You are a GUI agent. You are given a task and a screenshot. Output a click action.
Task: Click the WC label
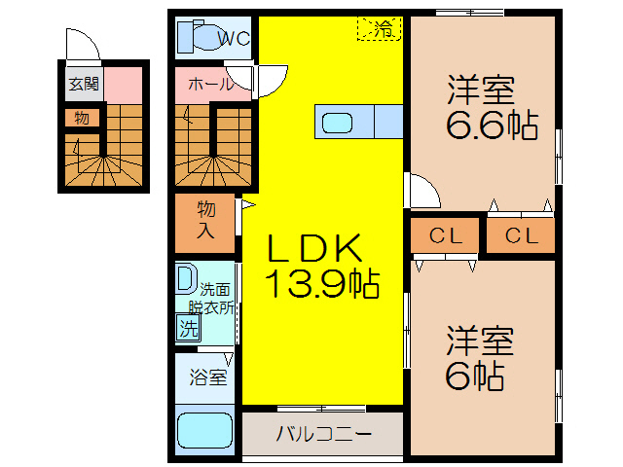tap(234, 39)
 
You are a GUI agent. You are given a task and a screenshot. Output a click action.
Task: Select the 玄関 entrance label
tap(84, 85)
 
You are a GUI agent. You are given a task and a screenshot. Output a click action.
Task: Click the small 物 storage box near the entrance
tap(82, 119)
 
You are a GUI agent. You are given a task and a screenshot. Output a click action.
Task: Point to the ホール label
tap(211, 85)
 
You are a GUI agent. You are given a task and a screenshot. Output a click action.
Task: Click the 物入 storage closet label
tap(206, 220)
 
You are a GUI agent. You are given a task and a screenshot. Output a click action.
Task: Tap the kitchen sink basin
tap(340, 124)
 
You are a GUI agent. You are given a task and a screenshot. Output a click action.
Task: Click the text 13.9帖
tap(322, 284)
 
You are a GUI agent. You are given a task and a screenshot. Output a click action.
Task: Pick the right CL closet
tap(521, 235)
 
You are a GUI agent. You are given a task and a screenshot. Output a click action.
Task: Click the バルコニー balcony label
tap(323, 434)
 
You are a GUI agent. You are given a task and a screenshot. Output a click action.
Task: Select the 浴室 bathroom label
tap(207, 376)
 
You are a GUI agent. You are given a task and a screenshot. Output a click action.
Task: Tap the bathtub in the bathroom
tap(204, 431)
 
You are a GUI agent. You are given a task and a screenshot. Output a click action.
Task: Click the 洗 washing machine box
tap(187, 328)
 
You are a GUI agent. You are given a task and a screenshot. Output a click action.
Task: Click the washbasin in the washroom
tap(185, 280)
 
